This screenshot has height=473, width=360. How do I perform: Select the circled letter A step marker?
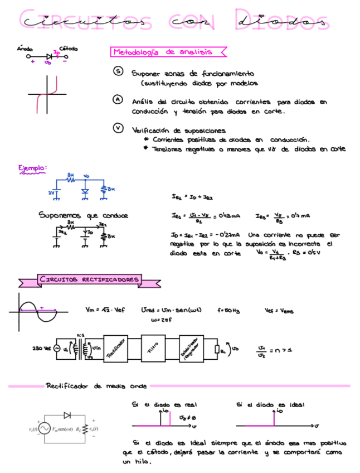(x=118, y=99)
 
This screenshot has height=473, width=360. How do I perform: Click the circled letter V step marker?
(x=118, y=128)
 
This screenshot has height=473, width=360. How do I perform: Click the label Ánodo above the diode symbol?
(x=25, y=49)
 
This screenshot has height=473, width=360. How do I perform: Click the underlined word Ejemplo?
(x=31, y=168)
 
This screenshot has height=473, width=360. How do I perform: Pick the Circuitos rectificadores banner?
(x=89, y=278)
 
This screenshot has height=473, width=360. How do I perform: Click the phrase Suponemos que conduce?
(x=84, y=215)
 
